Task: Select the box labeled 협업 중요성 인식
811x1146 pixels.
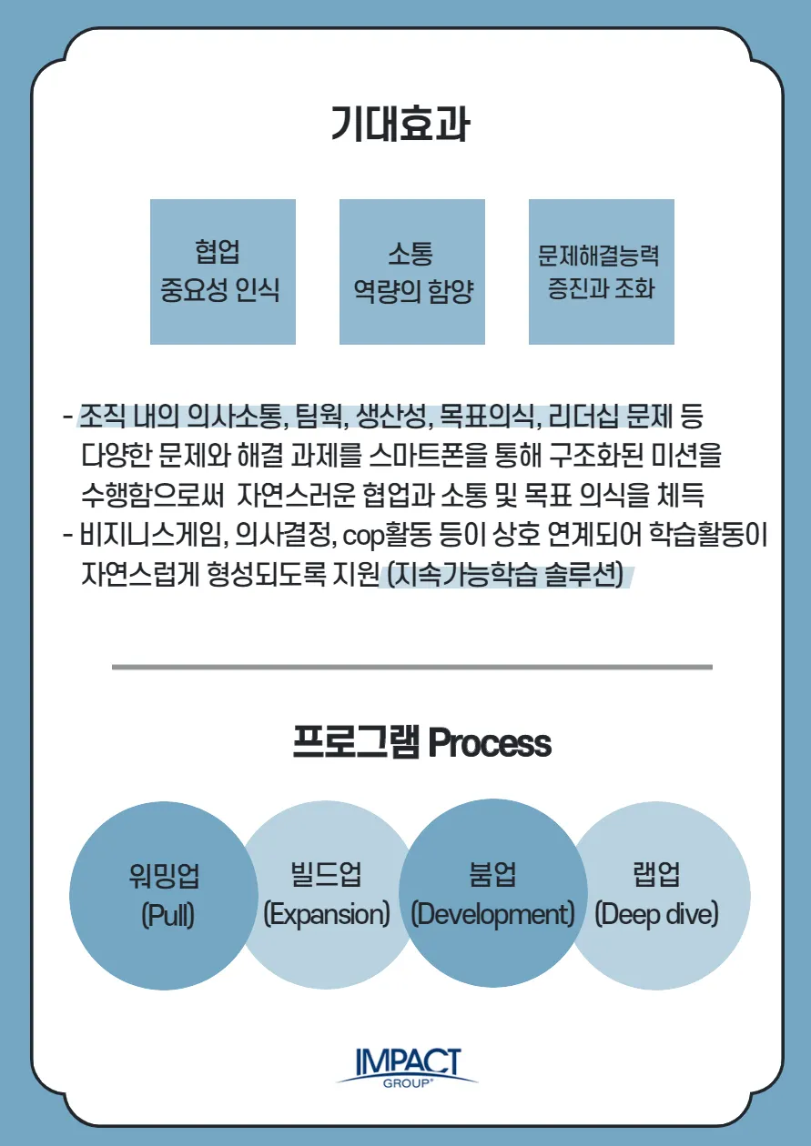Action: tap(222, 271)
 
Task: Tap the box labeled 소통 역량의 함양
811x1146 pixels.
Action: tap(411, 271)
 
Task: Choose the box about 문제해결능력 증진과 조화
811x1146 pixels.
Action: tap(601, 271)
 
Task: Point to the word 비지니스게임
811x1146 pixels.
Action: tap(151, 537)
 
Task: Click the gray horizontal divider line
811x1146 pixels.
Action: tap(411, 667)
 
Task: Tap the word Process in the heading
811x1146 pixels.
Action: tap(490, 743)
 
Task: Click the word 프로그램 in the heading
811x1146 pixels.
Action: tap(356, 743)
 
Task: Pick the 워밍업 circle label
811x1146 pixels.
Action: tap(165, 875)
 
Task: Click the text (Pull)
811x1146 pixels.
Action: tap(167, 914)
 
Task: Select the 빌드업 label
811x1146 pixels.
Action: tap(325, 875)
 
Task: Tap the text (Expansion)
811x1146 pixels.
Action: tap(326, 914)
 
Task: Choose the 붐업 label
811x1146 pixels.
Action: tap(492, 875)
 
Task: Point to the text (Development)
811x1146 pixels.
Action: tap(492, 914)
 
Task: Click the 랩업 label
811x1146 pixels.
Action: tap(656, 875)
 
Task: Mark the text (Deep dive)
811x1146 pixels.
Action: tap(656, 914)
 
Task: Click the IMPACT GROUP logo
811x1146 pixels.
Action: tap(407, 1066)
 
